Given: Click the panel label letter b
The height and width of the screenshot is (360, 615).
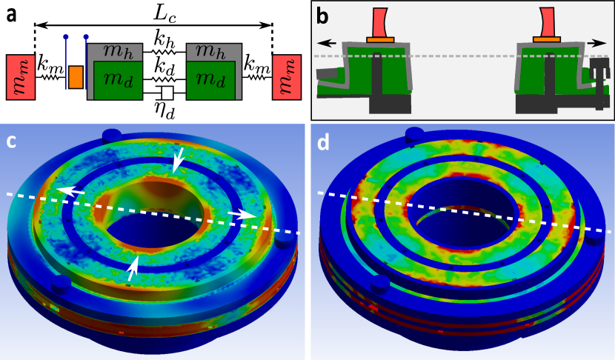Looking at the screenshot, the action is (322, 16).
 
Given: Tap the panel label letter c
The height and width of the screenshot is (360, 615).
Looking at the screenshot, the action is (11, 142).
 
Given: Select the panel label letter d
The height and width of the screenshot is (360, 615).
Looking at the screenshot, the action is (323, 143).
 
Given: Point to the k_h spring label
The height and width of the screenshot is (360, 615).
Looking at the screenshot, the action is (164, 39).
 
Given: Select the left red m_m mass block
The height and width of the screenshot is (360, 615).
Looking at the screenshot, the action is (21, 77).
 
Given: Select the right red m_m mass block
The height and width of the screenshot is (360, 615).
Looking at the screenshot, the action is (287, 77).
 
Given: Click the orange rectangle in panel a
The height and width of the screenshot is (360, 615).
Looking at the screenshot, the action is (76, 77).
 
